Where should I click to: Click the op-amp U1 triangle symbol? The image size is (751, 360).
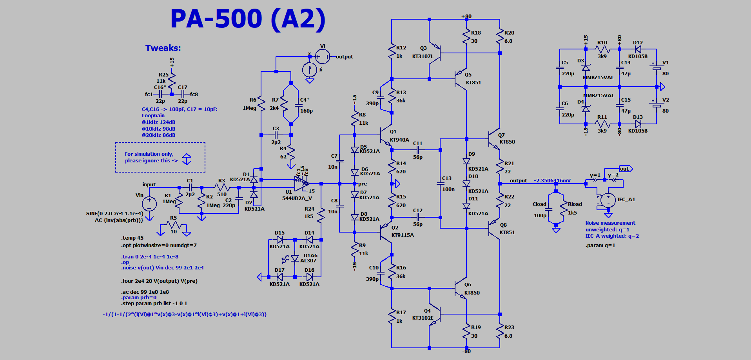pos(301,184)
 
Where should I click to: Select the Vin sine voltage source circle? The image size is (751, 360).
pos(149,204)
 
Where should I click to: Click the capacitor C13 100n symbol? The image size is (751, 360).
pos(440,184)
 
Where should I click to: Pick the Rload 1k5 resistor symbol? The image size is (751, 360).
pos(564,208)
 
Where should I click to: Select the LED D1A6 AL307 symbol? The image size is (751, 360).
pos(295,258)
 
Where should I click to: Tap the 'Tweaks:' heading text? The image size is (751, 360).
pos(163,48)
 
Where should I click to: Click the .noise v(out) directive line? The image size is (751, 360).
pos(162,268)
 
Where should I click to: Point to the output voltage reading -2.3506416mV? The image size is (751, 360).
pos(552,181)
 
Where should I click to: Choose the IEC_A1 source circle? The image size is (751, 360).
pos(608,200)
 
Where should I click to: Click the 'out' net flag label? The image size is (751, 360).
pos(625,169)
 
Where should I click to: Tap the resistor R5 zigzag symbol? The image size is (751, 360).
pos(174,225)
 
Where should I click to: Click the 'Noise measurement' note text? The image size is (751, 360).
pos(610,223)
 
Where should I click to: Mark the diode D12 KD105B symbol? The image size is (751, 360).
pos(638,49)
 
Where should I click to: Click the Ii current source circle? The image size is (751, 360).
pos(310,70)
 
